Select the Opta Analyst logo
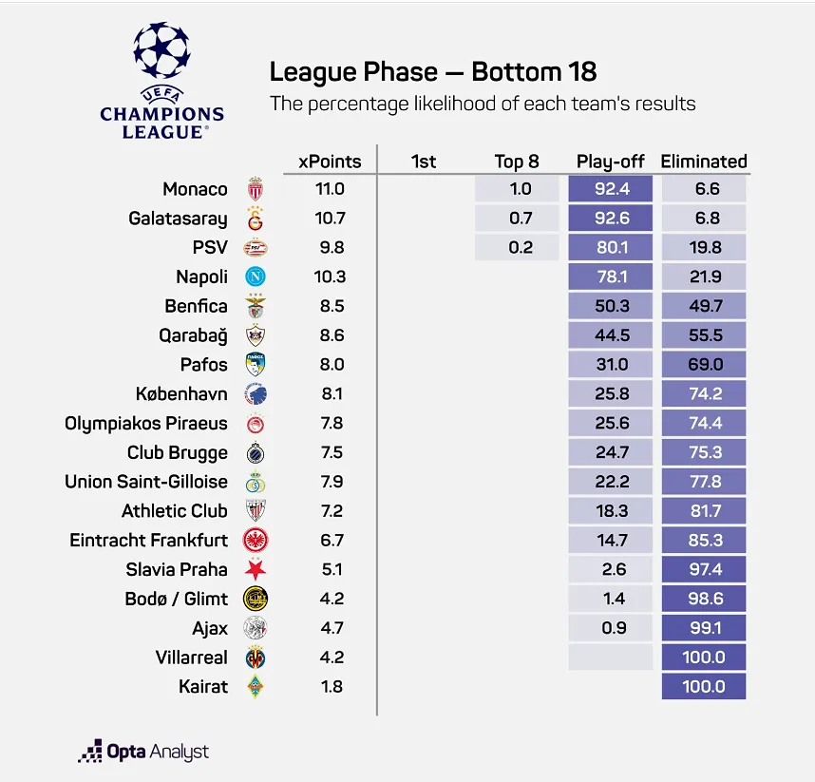(x=143, y=752)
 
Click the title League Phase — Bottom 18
(x=433, y=72)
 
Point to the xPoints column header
(x=329, y=161)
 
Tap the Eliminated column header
(x=704, y=161)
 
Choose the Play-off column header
(x=611, y=161)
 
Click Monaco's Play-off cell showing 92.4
(x=611, y=189)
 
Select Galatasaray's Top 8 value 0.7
(x=520, y=219)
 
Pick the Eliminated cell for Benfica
(x=704, y=306)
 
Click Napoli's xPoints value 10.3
(x=329, y=277)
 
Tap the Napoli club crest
(x=256, y=277)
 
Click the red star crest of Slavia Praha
(x=256, y=569)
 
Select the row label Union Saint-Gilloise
(x=146, y=482)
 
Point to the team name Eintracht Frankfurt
(x=149, y=540)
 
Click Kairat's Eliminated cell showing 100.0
(x=704, y=686)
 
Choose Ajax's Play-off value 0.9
(x=611, y=628)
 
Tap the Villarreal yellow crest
(x=256, y=657)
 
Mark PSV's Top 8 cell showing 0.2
(x=520, y=248)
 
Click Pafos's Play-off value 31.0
(x=611, y=365)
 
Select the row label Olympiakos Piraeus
(x=146, y=423)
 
